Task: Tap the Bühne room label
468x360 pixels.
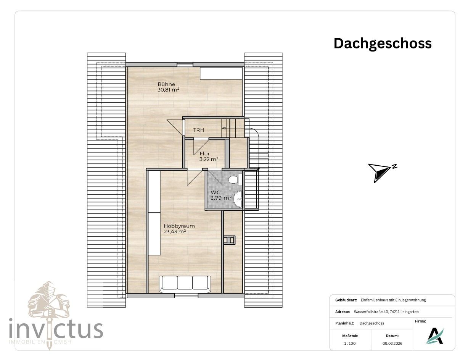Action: coord(166,84)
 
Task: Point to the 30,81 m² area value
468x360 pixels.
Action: coord(168,90)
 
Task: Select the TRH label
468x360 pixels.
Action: coord(199,130)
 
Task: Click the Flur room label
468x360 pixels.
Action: coord(204,154)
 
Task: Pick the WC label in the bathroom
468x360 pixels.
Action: coord(216,192)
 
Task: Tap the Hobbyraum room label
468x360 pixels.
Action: coord(179,226)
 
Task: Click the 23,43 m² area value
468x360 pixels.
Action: coord(175,232)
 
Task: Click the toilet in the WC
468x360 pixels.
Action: coord(235,179)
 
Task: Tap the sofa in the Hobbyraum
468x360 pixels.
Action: coord(185,284)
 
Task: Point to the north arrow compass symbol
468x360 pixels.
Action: coord(379,173)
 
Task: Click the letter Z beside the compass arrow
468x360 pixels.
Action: coord(394,166)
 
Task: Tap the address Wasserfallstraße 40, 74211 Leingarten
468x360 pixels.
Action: coord(386,312)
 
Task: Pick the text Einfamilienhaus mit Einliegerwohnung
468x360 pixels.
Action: coord(393,300)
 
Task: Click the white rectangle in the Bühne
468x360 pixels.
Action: coord(221,73)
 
